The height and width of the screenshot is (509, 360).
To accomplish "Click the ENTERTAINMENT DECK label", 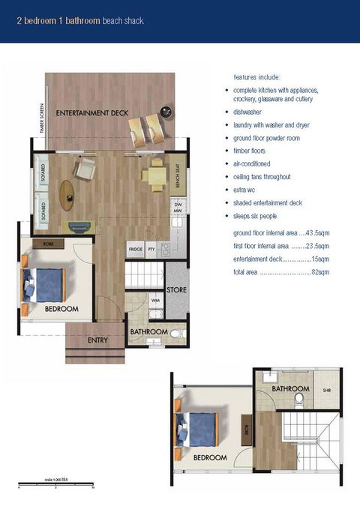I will (92, 113).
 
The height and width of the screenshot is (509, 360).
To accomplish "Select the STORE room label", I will (177, 289).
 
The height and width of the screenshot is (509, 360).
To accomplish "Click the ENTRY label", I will (97, 340).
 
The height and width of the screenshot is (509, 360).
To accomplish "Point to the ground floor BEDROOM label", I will (61, 309).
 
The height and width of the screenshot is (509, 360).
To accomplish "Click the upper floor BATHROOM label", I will (291, 389).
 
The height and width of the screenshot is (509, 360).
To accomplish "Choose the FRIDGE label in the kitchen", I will (135, 249).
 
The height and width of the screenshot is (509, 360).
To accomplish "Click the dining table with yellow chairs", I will (155, 175).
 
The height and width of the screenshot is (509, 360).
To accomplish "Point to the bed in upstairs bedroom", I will (196, 430).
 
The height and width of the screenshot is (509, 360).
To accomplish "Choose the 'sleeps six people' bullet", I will (261, 216).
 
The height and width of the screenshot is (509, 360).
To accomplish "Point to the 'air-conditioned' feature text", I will (252, 163).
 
